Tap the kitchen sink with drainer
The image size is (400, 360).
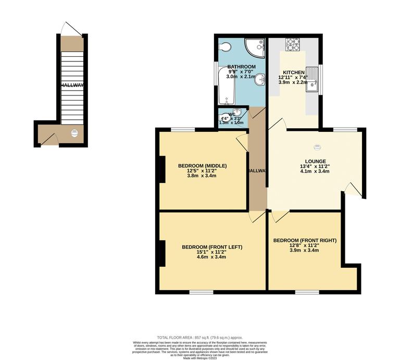[312, 79]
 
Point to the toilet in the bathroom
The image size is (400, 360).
[224, 47]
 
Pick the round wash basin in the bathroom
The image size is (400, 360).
[260, 78]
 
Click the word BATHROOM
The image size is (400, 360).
[241, 67]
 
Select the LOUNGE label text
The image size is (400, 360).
[316, 161]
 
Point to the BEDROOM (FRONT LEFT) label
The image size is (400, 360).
[211, 247]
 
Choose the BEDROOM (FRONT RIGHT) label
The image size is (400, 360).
[305, 241]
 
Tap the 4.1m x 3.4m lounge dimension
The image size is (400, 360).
[316, 171]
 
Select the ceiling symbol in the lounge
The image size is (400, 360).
[316, 146]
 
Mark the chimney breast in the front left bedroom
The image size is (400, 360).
[162, 253]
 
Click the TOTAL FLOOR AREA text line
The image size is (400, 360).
[200, 338]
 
